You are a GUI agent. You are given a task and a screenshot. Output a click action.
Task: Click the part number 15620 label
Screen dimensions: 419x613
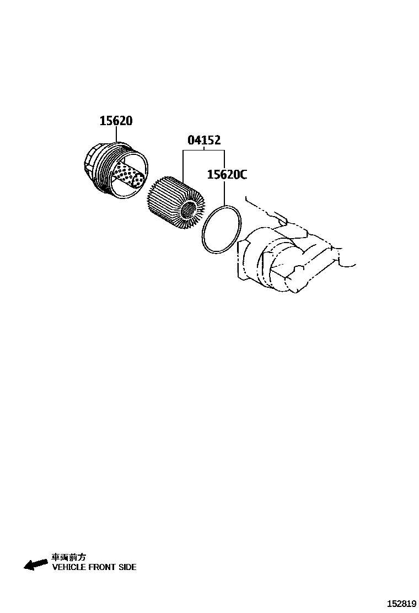[x=116, y=121]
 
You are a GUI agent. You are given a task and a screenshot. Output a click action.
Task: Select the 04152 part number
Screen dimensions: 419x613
[x=204, y=140]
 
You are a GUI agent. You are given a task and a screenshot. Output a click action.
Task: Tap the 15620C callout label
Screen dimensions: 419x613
[x=227, y=175]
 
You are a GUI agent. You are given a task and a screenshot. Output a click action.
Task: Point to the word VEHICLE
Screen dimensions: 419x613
[x=68, y=567]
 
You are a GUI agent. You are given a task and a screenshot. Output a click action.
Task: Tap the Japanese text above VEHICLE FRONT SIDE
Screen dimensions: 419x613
[x=68, y=557]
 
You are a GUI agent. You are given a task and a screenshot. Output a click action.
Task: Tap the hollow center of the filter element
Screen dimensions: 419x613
[x=189, y=209]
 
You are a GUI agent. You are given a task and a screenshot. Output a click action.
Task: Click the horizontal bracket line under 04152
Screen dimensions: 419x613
[x=204, y=150]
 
